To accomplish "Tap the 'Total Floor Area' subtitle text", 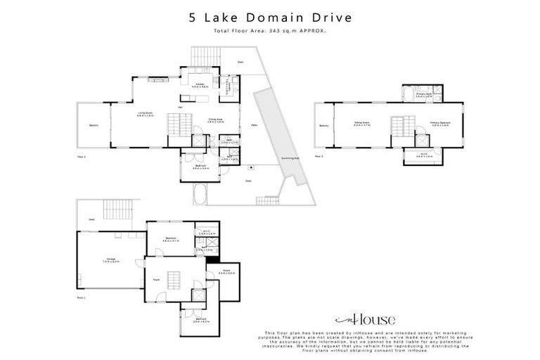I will (270, 31).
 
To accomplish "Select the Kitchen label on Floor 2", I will (200, 85).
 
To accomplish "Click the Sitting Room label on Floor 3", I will (362, 123).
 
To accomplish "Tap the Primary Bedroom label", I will (440, 123).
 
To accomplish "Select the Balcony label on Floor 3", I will (323, 126).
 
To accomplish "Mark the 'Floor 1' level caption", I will (82, 298).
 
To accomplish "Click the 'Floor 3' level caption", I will (320, 156).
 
